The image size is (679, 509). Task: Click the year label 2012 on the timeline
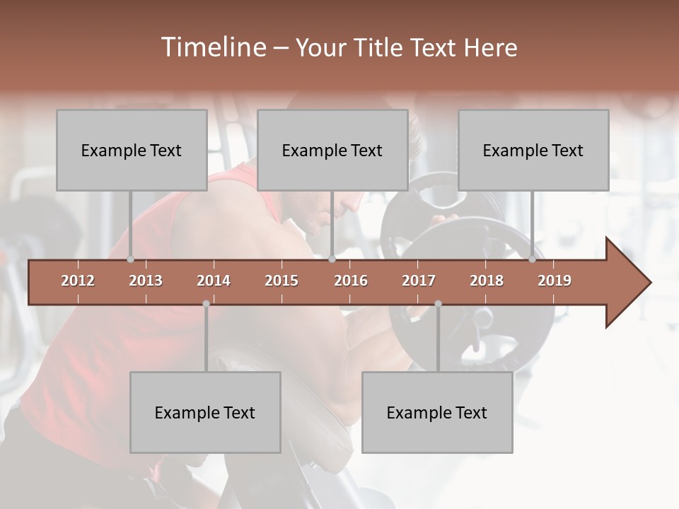coord(78,281)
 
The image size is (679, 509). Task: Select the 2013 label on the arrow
coord(146,281)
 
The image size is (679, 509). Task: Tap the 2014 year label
coord(214,281)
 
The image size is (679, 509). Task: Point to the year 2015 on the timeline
coord(282,281)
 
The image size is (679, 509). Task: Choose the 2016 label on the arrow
coord(351,281)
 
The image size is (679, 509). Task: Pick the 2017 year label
coord(419,281)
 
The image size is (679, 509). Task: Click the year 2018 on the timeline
coord(487,281)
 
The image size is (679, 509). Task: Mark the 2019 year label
coord(555,281)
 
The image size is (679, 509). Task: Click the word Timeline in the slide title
coord(212,47)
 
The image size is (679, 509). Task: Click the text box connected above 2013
coord(132,150)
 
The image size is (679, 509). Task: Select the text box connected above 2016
coord(332,150)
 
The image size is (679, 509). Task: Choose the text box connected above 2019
coord(533,150)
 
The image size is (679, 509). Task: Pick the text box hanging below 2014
coord(205,412)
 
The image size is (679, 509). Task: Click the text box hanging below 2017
coord(437,412)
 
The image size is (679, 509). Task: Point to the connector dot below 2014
coord(206,303)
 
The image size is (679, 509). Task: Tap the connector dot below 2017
coord(438,303)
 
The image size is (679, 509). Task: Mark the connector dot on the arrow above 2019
coord(533,259)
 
